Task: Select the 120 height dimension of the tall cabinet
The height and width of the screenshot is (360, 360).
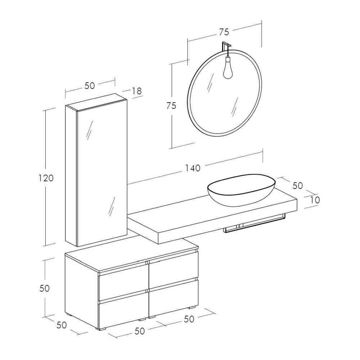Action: tap(46, 178)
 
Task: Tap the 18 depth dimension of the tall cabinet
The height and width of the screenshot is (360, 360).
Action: tap(137, 91)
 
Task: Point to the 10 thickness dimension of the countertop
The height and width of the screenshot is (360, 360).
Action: tap(315, 200)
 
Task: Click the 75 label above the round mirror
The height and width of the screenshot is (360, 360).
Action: tap(224, 32)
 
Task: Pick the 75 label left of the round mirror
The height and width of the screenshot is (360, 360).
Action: tap(171, 106)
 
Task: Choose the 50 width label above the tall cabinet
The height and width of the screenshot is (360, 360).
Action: tap(90, 86)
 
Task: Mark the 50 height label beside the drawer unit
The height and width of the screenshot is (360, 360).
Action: tap(45, 288)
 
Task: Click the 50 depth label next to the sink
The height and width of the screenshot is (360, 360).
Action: tap(297, 185)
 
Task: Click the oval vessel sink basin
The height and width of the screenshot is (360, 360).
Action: tap(241, 191)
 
